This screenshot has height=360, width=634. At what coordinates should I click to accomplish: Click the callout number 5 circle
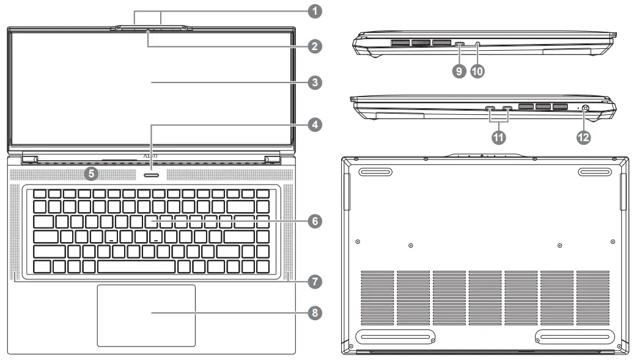[92, 174]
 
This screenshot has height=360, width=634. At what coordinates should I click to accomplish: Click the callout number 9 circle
[458, 71]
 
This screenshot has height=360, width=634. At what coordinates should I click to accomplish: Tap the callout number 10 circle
[477, 71]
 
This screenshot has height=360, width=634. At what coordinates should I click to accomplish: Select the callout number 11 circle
[499, 138]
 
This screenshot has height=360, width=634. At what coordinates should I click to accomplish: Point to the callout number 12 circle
[583, 138]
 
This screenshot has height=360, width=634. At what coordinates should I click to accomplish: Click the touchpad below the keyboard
[146, 315]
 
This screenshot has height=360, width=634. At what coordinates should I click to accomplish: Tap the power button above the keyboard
[151, 174]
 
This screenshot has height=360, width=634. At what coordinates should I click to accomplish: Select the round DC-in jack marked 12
[586, 109]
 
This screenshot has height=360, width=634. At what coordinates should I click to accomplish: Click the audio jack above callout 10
[477, 44]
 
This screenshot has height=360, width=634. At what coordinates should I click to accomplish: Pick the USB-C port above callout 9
[460, 44]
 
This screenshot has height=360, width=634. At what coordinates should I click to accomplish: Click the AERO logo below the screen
[150, 156]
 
